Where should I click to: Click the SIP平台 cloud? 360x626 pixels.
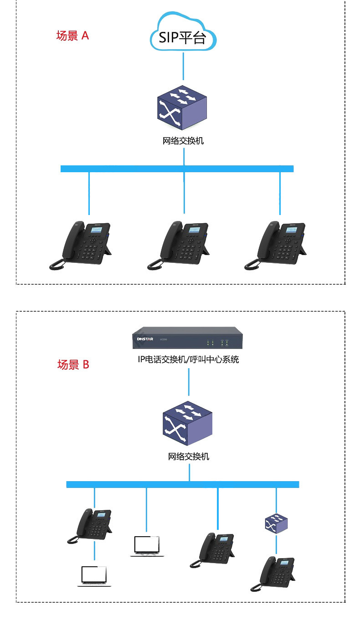click(x=183, y=33)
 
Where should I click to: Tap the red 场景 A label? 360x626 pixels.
click(x=72, y=36)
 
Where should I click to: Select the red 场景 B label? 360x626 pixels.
click(x=73, y=364)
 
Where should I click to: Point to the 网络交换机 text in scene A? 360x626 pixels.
click(x=183, y=141)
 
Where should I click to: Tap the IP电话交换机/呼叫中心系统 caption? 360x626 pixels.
click(x=188, y=360)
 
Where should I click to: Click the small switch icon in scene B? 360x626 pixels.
click(x=276, y=524)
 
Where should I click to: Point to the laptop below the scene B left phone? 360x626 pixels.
click(x=94, y=576)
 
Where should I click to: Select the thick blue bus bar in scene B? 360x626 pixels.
click(x=182, y=484)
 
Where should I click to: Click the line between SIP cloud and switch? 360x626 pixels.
click(x=184, y=66)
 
